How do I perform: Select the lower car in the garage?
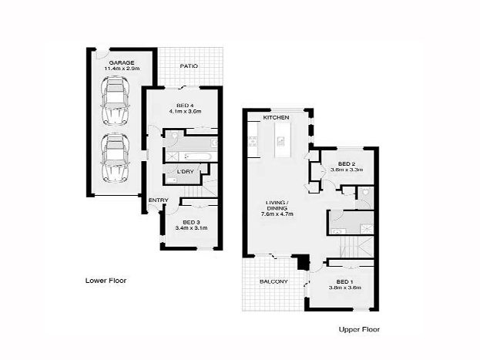point(116,158)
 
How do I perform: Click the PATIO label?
point(189,66)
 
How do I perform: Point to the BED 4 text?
point(184,105)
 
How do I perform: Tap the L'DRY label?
point(185,171)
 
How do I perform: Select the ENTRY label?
point(158,201)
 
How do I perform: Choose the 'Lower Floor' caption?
point(106,281)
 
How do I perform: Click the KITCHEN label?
point(276,117)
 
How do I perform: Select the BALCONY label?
point(273,281)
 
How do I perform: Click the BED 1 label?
point(346,281)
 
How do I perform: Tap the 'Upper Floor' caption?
point(359,329)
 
